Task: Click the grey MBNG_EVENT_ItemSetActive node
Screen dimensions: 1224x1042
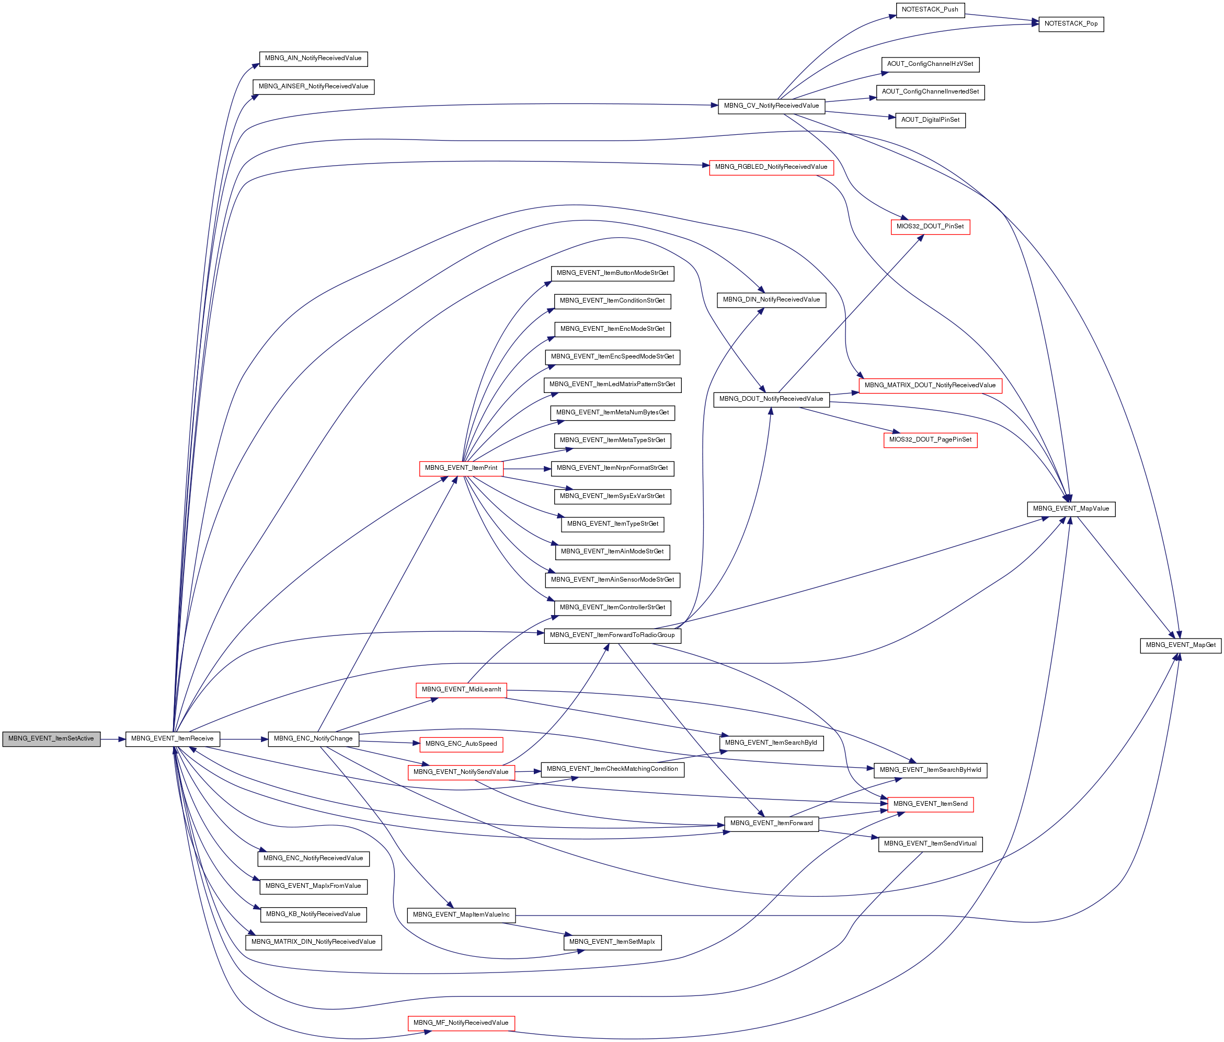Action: [51, 738]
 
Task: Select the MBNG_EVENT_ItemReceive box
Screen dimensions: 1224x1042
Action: [173, 738]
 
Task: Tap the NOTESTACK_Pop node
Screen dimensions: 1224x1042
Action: [1071, 24]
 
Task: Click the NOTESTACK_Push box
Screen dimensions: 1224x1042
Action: [930, 9]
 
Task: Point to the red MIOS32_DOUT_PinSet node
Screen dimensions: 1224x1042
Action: [930, 226]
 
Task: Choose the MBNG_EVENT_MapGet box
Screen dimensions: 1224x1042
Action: [1180, 645]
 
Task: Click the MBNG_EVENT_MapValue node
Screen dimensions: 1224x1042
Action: [1071, 508]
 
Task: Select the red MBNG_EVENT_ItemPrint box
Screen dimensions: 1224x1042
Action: [461, 468]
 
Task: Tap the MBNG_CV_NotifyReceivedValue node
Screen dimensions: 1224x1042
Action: [772, 106]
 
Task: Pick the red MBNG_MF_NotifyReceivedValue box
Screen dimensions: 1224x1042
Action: [461, 1023]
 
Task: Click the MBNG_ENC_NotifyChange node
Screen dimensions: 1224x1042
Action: [313, 738]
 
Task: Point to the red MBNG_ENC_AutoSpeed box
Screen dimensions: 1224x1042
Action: [461, 744]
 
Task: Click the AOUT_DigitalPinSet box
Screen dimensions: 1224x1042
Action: [930, 120]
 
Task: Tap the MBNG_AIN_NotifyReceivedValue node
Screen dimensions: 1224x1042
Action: [313, 59]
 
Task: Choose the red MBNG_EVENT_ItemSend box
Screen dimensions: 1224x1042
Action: [930, 804]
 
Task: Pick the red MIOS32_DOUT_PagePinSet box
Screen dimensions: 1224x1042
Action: [930, 440]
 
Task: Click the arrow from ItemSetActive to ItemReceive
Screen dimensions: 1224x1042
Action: [113, 738]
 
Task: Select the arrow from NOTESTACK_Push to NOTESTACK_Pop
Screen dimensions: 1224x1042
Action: [1002, 19]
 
